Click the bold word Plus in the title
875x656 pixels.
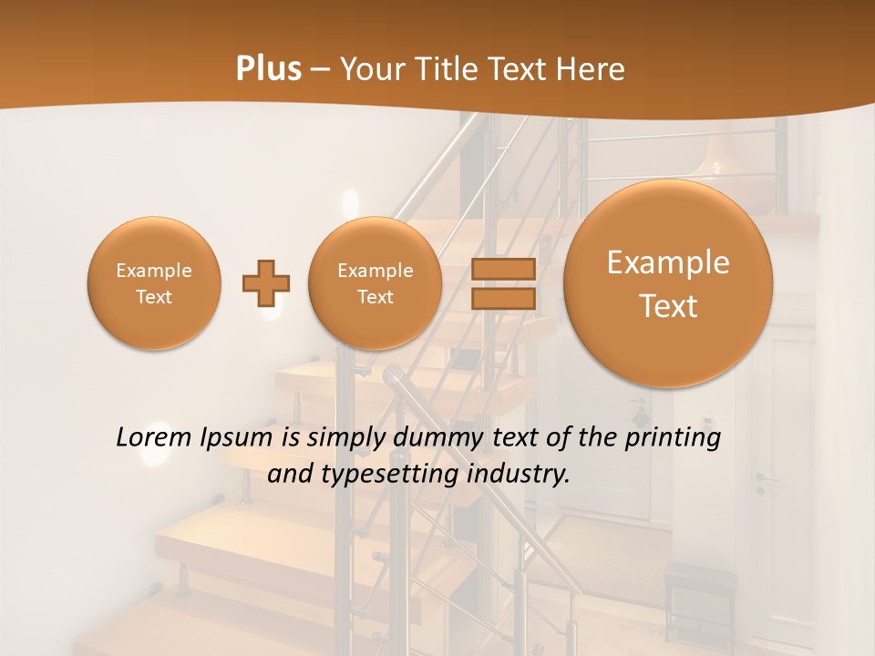pos(268,69)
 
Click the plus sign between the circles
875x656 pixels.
pos(266,283)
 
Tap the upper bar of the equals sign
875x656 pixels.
pos(502,269)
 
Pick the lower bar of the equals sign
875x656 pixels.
pos(502,298)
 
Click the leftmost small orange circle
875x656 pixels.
pos(154,283)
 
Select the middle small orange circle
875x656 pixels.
pos(376,283)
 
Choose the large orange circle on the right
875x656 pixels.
pos(668,283)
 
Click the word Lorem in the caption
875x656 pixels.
pos(152,438)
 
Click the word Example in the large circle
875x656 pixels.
pos(668,262)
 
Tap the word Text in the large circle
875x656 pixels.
pos(668,306)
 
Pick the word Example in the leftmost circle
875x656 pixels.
pos(154,271)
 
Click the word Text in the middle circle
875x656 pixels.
pos(376,297)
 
